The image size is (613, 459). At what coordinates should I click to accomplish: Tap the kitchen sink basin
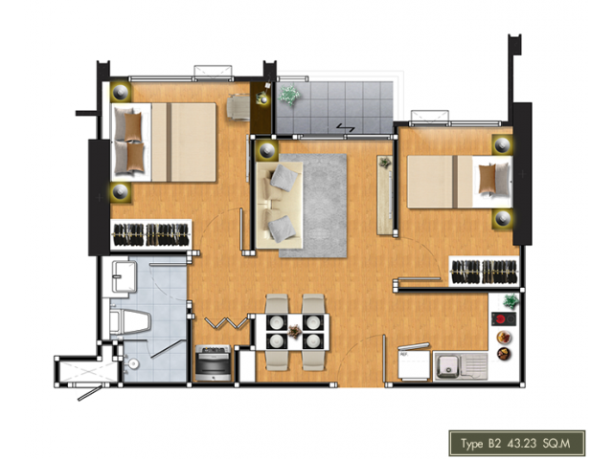447,366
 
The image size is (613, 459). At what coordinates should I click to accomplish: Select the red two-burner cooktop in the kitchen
504,319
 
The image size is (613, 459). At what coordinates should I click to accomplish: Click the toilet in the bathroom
130,323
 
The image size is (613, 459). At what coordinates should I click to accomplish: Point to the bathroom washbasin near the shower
133,363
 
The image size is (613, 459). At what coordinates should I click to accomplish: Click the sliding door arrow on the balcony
346,127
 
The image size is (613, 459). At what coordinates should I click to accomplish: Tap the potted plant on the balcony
289,95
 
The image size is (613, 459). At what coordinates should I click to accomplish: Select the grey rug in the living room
313,206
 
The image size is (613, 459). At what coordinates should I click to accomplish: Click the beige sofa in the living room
279,205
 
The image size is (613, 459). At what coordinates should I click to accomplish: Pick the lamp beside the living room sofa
267,150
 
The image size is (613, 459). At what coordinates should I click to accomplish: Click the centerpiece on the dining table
294,332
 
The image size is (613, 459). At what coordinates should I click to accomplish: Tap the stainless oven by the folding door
213,363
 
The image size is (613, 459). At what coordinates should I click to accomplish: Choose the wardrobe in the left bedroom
151,234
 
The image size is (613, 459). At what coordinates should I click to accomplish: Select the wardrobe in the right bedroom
484,272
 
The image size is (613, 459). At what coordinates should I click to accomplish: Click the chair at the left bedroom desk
238,106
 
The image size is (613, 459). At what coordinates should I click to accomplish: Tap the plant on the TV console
385,162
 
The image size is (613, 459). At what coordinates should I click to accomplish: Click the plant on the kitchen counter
510,301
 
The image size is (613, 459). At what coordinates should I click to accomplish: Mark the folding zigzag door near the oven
227,323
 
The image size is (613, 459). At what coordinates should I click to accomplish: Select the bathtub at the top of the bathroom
125,277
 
